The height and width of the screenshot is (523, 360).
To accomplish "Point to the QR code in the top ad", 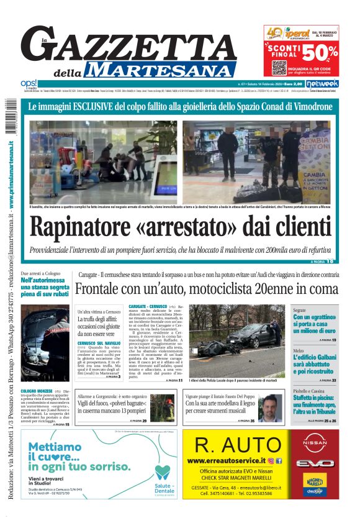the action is pyautogui.click(x=278, y=66).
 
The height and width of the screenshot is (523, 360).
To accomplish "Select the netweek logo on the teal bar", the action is pyautogui.click(x=323, y=83).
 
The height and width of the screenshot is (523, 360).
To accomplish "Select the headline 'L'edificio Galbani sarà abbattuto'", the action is pyautogui.click(x=314, y=363).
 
